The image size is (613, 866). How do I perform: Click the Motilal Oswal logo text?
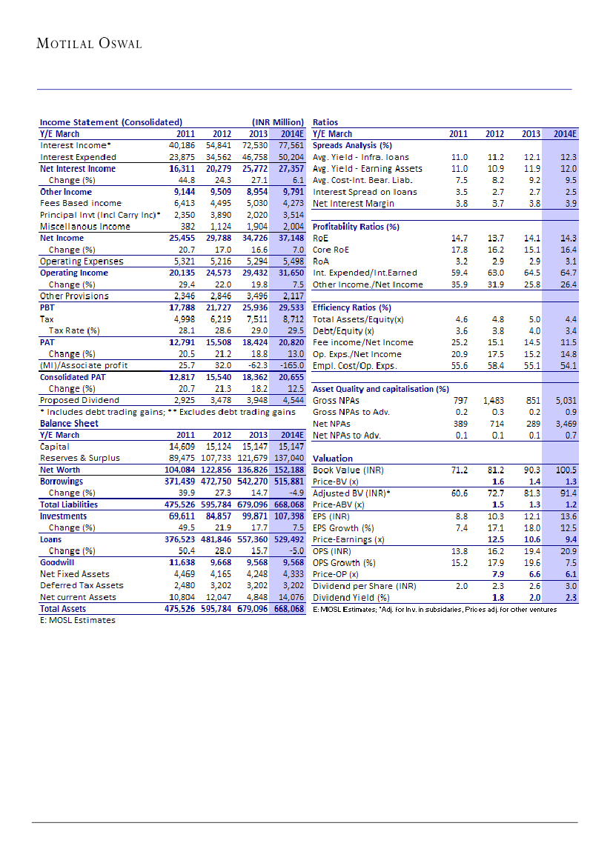tap(89, 43)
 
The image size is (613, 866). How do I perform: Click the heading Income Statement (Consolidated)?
tap(110, 122)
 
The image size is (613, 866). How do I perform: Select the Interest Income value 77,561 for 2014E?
tap(288, 145)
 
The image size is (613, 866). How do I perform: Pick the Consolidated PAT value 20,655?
tap(288, 376)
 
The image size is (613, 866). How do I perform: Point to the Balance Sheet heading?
tap(69, 423)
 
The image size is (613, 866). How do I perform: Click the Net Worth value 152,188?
tap(287, 470)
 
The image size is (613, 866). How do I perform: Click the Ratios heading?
tap(326, 122)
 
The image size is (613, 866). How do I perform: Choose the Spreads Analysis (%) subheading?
tap(352, 145)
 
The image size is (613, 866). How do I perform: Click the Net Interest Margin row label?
tap(354, 203)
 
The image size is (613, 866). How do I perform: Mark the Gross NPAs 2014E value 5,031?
tap(566, 400)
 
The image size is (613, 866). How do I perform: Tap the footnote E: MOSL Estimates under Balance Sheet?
tap(77, 620)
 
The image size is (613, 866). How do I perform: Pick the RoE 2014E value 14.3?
tap(568, 238)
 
